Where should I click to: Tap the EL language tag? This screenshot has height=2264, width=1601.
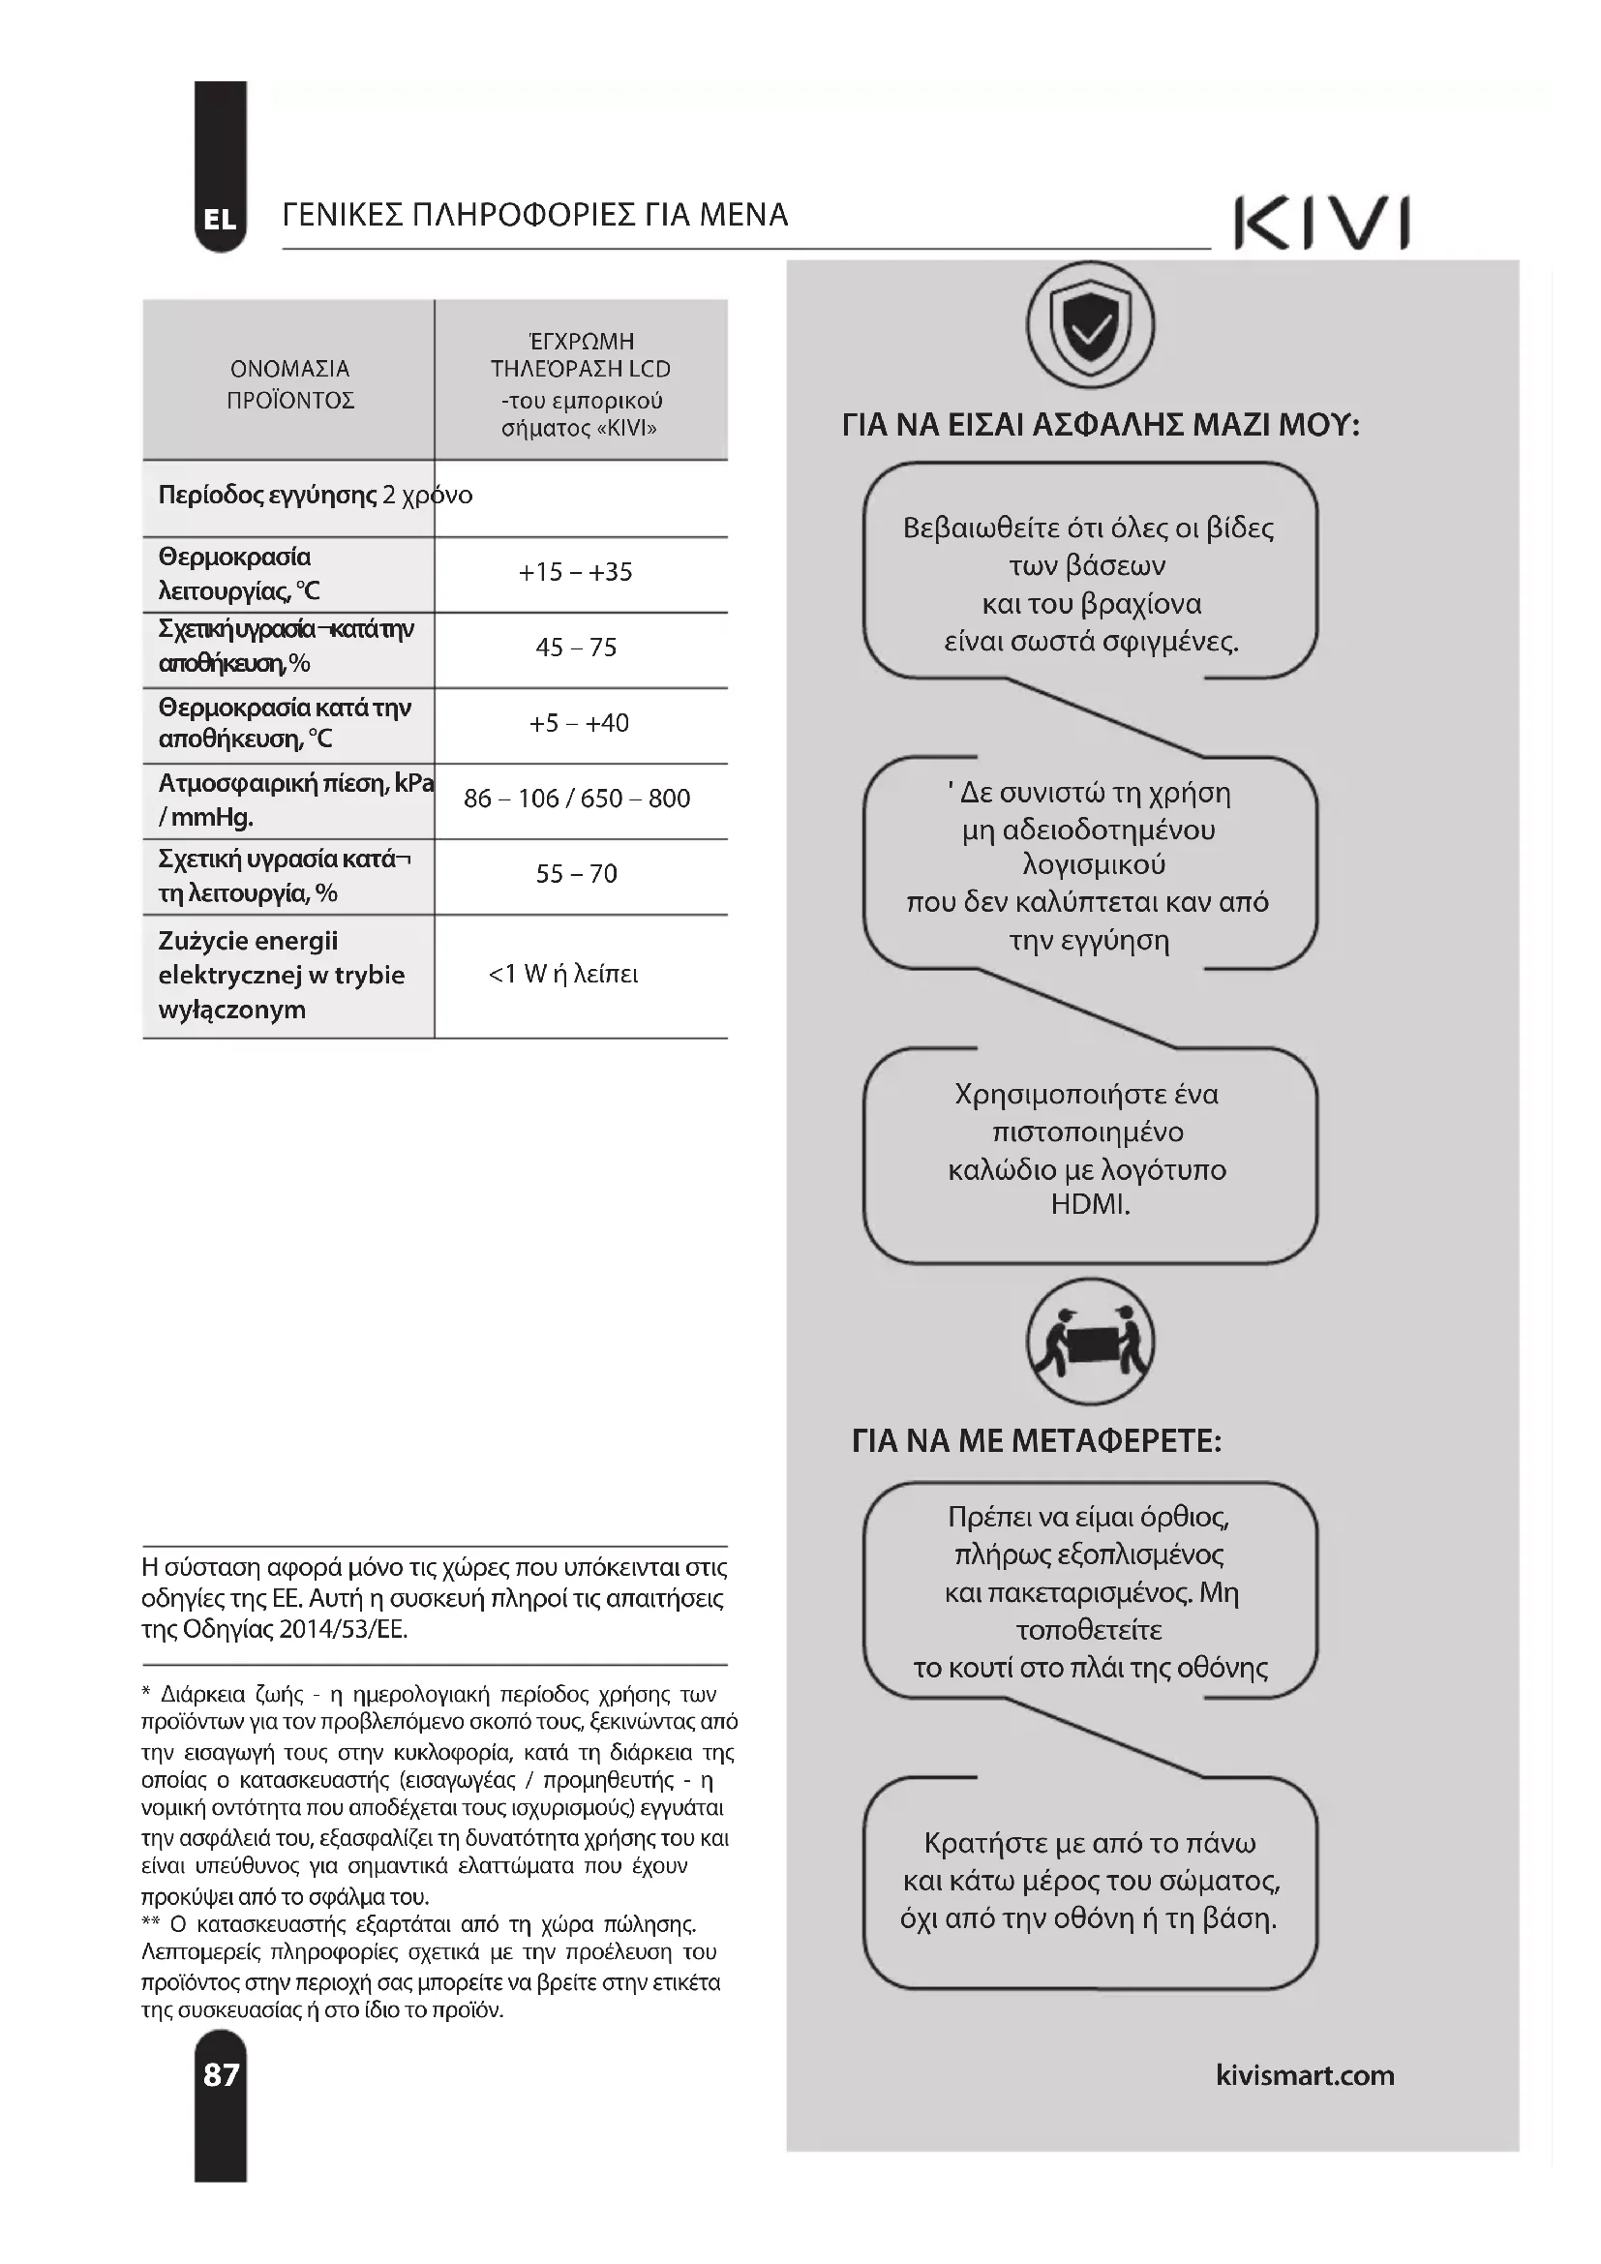[220, 220]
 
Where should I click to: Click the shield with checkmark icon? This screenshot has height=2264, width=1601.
[1089, 325]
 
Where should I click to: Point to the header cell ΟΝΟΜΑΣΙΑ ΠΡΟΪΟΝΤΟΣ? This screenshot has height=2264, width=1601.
[289, 383]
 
